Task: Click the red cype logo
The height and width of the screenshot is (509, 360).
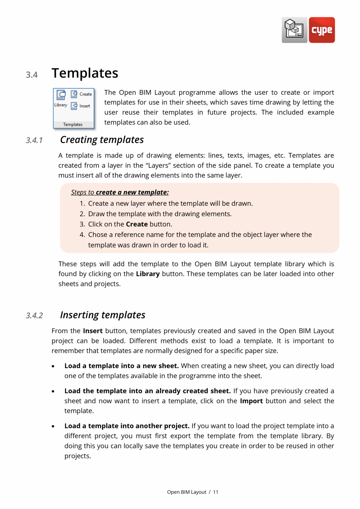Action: (322, 30)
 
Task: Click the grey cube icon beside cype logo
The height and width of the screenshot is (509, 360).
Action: (294, 30)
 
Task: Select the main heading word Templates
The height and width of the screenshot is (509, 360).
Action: (85, 73)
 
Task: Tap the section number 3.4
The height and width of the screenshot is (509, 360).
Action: (32, 74)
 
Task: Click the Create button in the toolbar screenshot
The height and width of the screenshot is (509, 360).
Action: (81, 94)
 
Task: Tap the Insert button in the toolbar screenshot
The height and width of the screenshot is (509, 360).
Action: (81, 106)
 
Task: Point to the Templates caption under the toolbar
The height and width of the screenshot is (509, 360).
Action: (73, 125)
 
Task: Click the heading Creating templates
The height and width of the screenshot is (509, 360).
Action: (102, 140)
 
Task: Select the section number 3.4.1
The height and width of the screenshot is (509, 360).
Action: (34, 140)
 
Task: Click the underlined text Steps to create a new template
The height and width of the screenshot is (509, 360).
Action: (120, 192)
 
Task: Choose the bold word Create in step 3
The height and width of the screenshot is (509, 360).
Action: (137, 224)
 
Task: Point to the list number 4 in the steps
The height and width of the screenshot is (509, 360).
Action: (82, 235)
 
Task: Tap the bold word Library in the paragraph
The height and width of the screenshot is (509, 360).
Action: (148, 274)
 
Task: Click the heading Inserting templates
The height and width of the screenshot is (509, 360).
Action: (103, 315)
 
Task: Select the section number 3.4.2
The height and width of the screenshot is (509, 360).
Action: (34, 316)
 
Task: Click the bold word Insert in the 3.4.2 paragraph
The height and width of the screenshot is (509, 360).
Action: (93, 331)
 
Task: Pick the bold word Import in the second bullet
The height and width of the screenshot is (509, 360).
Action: (251, 401)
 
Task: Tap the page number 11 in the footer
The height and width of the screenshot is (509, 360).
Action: (216, 492)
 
